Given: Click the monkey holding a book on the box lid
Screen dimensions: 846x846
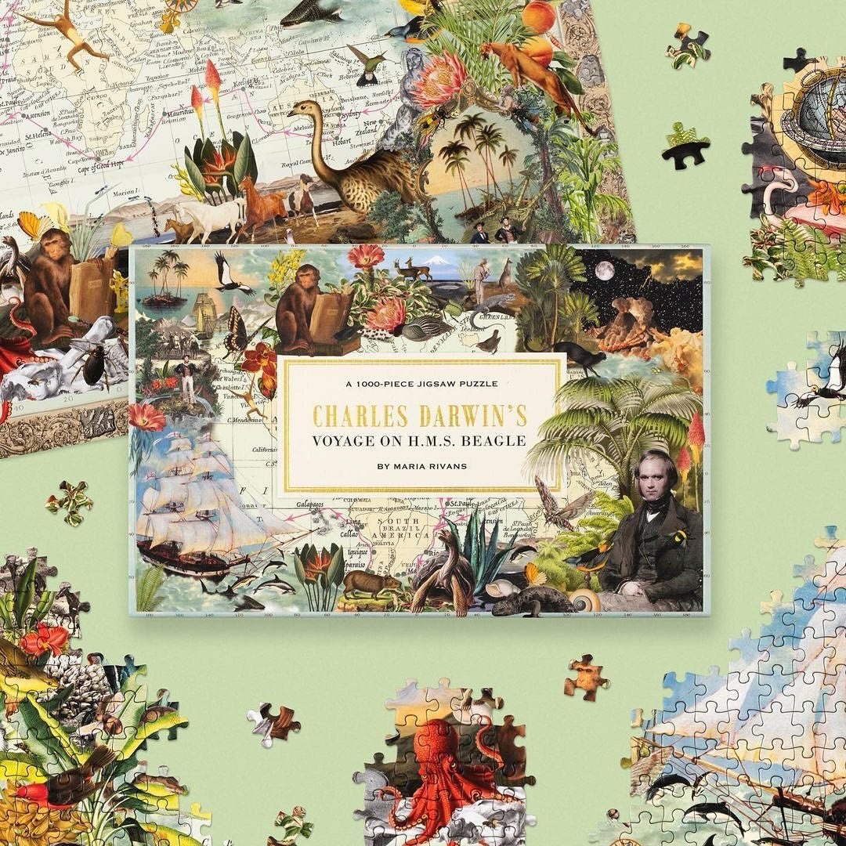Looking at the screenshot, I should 300,309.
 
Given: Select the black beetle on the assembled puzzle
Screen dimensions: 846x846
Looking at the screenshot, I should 98,364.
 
